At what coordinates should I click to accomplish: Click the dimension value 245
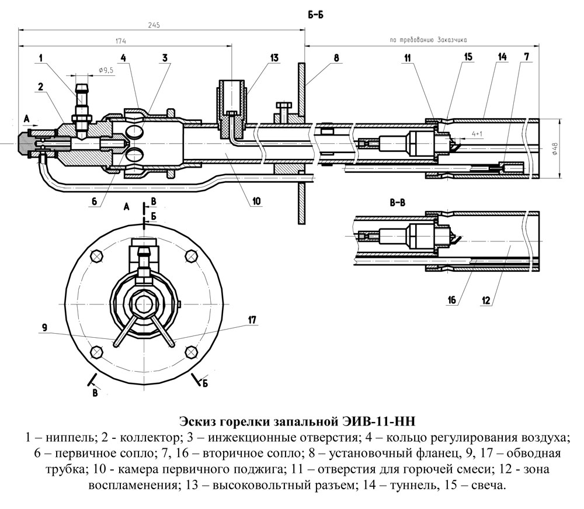click(154, 25)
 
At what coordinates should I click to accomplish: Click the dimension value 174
click(121, 41)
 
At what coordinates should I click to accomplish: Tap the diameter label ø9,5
click(106, 70)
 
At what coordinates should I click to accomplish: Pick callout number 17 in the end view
click(252, 319)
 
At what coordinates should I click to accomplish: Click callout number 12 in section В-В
click(486, 300)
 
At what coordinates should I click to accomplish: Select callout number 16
click(451, 300)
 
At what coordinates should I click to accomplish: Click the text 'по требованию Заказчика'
click(430, 41)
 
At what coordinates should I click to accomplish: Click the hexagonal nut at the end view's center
click(143, 302)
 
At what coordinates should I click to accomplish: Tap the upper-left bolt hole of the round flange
click(96, 255)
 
